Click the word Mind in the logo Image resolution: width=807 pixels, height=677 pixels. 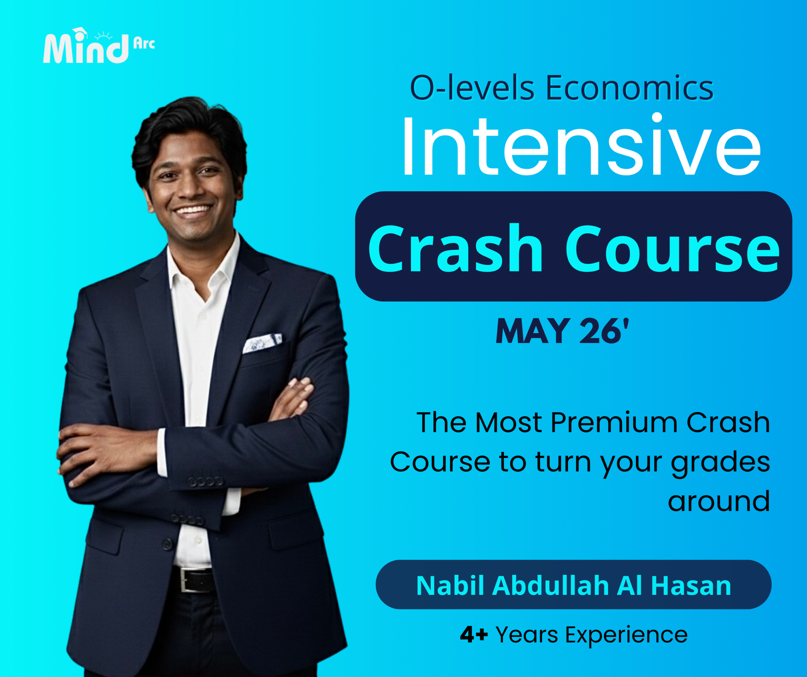pyautogui.click(x=86, y=49)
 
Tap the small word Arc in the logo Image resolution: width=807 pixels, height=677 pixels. pyautogui.click(x=144, y=43)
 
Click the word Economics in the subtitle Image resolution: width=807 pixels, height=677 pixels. pyautogui.click(x=629, y=88)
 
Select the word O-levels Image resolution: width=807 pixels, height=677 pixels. pyautogui.click(x=472, y=88)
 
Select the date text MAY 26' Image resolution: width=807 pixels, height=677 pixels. pyautogui.click(x=562, y=332)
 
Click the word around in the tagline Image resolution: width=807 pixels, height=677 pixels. pyautogui.click(x=719, y=501)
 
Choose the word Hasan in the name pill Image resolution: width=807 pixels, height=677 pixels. pyautogui.click(x=690, y=586)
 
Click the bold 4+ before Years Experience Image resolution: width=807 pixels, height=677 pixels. pyautogui.click(x=474, y=635)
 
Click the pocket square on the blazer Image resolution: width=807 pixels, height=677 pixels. pyautogui.click(x=262, y=343)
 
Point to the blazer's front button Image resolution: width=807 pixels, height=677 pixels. pyautogui.click(x=167, y=544)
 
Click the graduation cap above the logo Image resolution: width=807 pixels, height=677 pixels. pyautogui.click(x=80, y=33)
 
